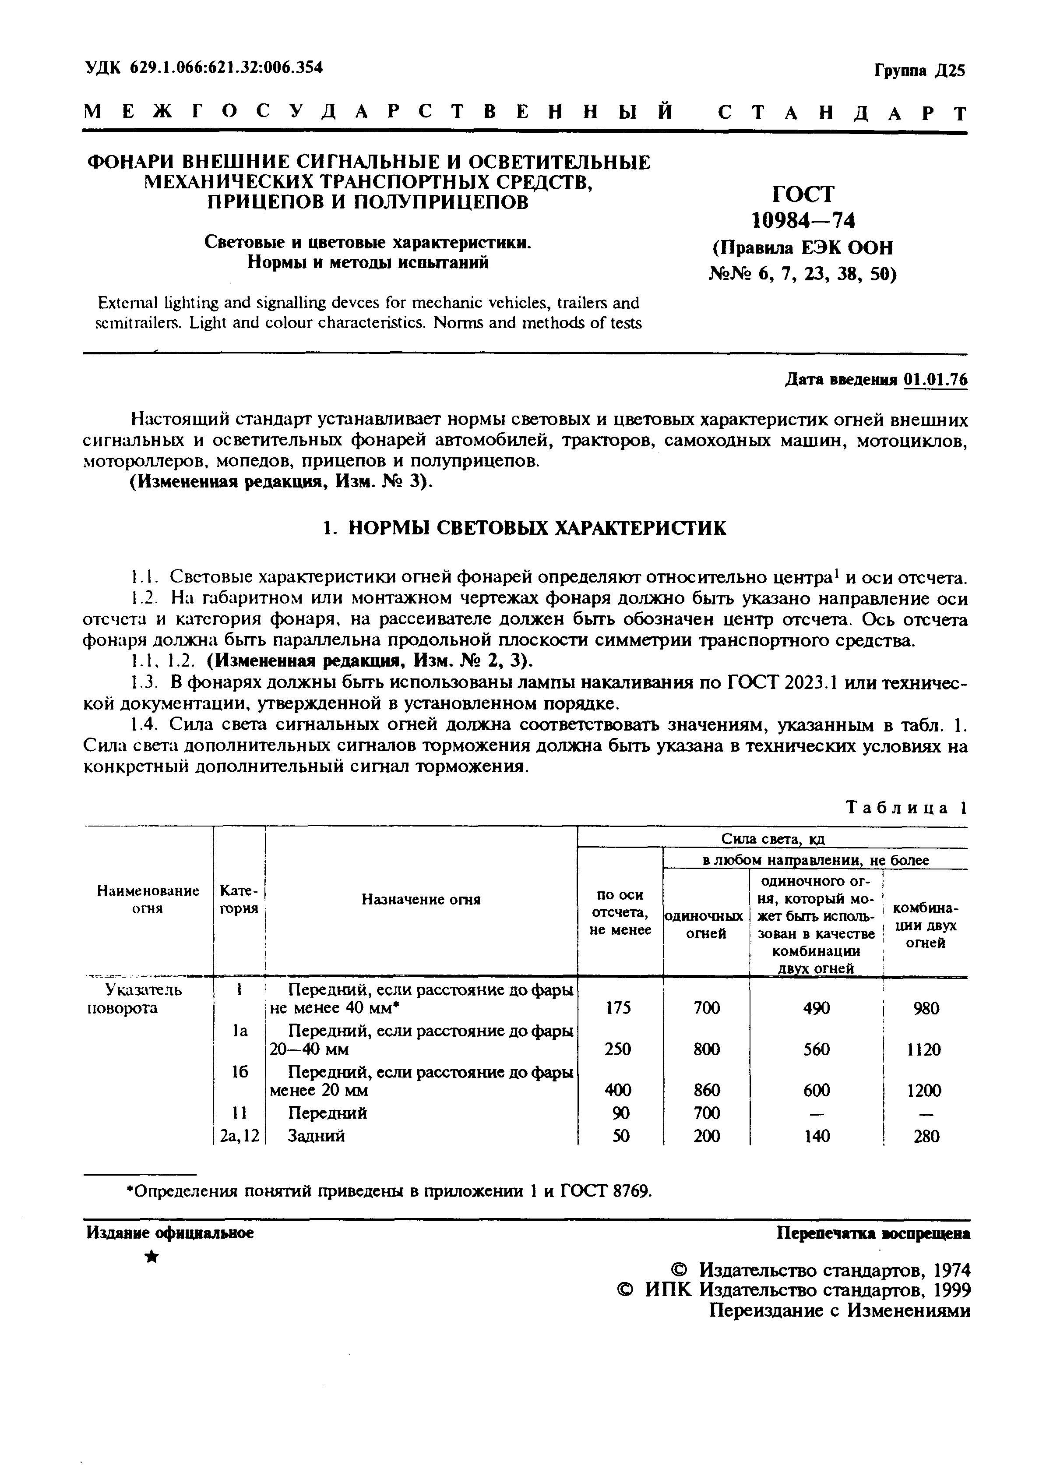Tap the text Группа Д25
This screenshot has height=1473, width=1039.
click(x=919, y=70)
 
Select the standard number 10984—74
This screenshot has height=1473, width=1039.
click(x=803, y=221)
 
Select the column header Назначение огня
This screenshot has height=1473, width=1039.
click(x=421, y=900)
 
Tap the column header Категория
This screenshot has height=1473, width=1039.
click(x=239, y=900)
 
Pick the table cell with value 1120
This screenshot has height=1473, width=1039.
click(x=926, y=1049)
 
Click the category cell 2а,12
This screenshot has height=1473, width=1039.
click(x=239, y=1136)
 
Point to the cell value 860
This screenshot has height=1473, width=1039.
click(x=706, y=1090)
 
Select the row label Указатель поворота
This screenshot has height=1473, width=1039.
click(x=134, y=999)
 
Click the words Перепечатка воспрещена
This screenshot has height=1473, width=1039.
click(x=873, y=1233)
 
